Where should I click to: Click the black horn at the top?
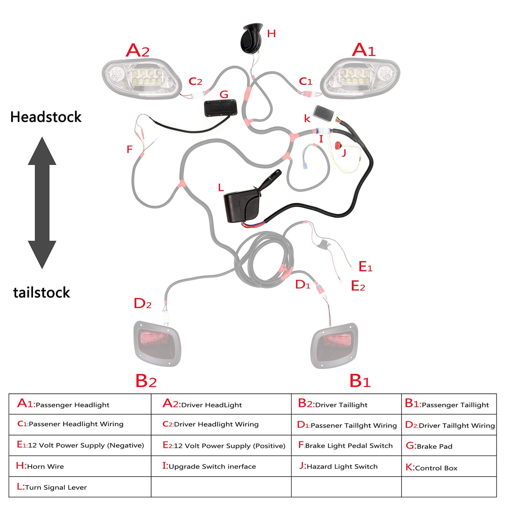(251, 38)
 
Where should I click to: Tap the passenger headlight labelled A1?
(360, 78)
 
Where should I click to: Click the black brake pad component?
(220, 108)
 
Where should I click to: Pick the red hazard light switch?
(338, 145)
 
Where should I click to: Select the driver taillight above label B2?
(157, 343)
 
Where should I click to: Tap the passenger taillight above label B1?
(334, 345)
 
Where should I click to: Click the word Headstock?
(46, 117)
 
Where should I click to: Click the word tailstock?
(41, 292)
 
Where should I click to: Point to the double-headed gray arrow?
(42, 203)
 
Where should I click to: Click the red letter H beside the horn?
(271, 34)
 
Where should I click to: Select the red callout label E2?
(358, 286)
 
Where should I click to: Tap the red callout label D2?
(142, 303)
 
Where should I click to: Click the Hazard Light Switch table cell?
(346, 466)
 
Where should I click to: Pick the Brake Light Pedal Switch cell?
(346, 445)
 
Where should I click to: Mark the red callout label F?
(129, 149)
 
